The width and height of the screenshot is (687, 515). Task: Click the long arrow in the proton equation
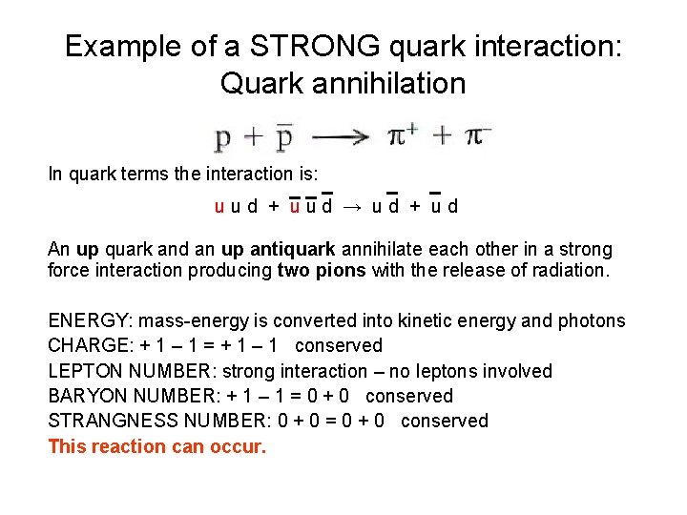tap(341, 137)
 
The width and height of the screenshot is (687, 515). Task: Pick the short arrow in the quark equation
tap(352, 205)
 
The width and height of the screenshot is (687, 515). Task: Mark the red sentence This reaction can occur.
tap(157, 446)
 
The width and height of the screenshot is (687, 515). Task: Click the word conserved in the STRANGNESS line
tap(445, 421)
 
